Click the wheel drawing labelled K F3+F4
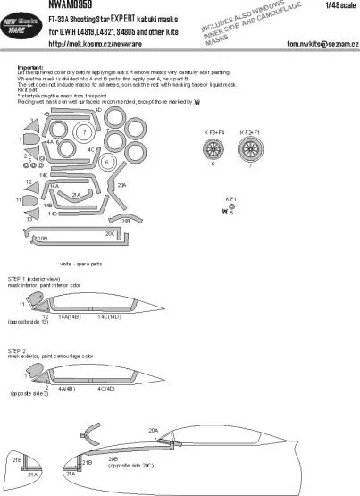213,145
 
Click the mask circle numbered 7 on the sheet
83,133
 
